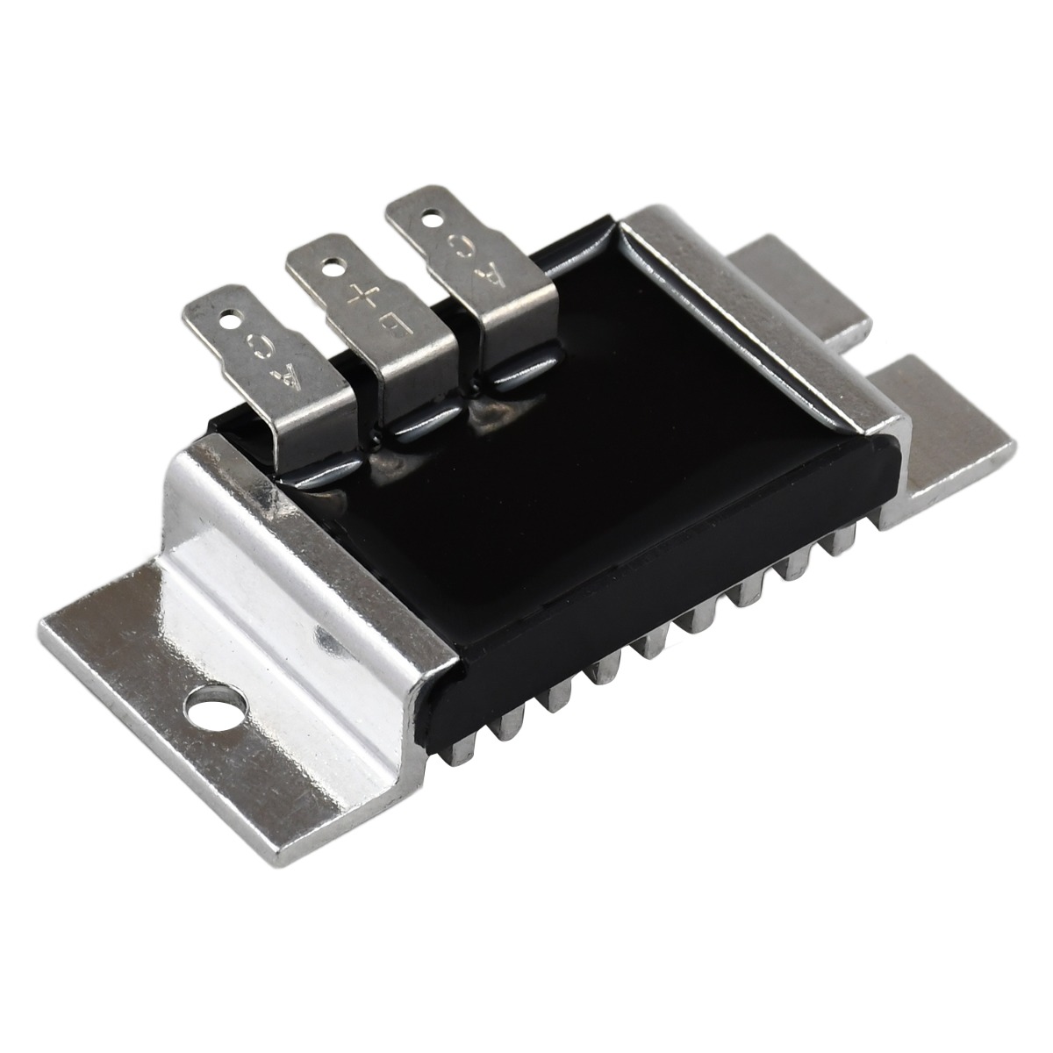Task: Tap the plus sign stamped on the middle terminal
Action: [364, 297]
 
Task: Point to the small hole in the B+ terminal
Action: [330, 268]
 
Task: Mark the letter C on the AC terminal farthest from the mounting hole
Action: [462, 246]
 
